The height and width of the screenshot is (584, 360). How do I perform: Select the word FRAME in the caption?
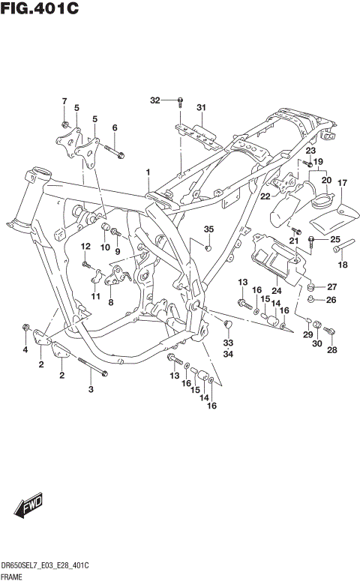coord(13,577)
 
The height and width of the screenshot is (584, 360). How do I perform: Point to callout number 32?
coord(154,100)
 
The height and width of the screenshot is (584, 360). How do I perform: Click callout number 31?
coord(201,108)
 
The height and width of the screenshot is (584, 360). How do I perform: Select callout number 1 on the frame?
coord(148,172)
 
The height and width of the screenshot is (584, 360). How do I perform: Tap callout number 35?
coord(208,229)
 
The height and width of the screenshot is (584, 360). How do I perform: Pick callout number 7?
coord(64,101)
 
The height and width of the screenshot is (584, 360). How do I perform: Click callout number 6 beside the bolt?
coord(115,127)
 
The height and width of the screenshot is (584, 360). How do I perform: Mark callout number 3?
coord(91,389)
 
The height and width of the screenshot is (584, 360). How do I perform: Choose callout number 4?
coord(25,349)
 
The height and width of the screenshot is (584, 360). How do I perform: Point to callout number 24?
coord(276,290)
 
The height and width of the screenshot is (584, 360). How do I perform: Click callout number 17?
coord(342,183)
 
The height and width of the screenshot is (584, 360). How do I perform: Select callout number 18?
coord(343,264)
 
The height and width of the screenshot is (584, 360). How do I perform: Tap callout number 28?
coord(333,349)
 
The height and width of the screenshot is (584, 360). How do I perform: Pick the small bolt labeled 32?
coord(181,100)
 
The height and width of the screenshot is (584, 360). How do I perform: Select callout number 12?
coord(85,246)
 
